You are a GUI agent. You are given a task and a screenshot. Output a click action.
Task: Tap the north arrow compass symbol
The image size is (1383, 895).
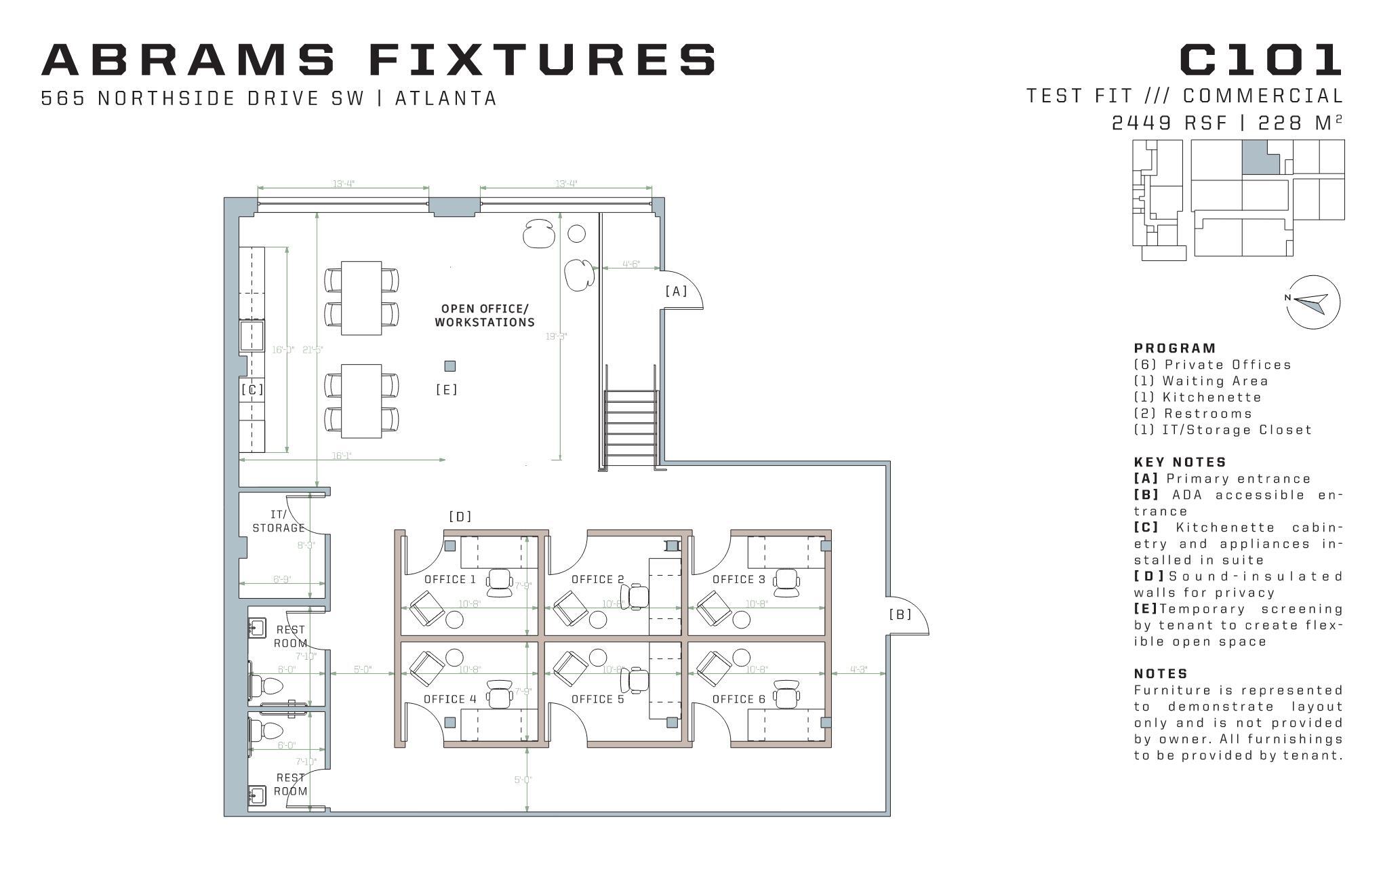[1313, 302]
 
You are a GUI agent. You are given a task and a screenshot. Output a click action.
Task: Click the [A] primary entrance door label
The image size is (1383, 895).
[676, 291]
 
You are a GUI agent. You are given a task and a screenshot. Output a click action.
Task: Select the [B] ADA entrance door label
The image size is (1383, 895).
[900, 614]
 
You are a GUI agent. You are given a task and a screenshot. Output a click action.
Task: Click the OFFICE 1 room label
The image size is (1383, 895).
[450, 579]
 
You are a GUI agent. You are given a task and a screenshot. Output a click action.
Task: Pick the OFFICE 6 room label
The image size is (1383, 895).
[738, 699]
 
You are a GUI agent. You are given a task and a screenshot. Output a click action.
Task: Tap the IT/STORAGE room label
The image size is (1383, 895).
[278, 521]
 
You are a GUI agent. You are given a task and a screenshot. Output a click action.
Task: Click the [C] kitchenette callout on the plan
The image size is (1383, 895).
[252, 390]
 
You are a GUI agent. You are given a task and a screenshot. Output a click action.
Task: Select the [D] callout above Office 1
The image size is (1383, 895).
[460, 517]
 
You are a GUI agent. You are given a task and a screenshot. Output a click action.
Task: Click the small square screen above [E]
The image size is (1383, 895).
[449, 366]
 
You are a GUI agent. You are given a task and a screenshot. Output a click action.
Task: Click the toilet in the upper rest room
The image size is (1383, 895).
[268, 685]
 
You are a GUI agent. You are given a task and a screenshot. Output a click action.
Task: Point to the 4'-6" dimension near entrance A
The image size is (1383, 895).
[630, 264]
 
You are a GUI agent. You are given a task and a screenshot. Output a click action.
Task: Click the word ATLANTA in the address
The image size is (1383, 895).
[446, 99]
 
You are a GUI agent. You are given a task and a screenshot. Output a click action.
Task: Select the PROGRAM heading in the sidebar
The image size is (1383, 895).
[1175, 349]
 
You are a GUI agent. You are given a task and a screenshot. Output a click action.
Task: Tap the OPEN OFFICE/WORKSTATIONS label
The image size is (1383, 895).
[485, 315]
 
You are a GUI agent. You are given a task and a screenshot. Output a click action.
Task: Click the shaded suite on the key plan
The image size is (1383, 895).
[1260, 157]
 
